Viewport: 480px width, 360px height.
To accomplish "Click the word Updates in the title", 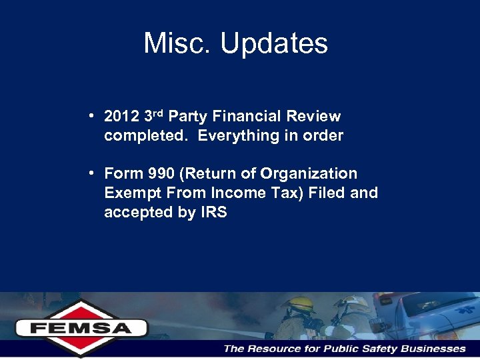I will (274, 45).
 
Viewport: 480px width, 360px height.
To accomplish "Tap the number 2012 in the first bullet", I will (122, 117).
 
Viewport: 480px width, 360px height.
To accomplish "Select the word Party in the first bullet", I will (187, 117).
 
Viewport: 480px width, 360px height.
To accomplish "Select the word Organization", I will (309, 174).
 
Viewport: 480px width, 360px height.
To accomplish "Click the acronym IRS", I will (213, 213).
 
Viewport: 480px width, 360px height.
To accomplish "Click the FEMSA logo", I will (82, 327).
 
